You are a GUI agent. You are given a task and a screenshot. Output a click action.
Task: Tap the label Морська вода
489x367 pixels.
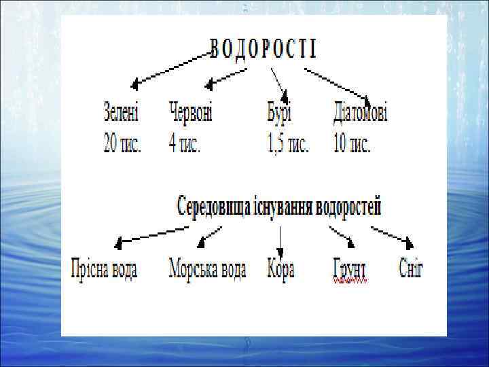(207, 268)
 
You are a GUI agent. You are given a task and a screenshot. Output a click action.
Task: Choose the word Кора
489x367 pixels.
(280, 268)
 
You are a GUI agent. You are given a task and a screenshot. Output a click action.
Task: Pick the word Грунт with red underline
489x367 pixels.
(350, 269)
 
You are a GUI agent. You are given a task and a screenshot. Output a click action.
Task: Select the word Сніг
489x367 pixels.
(411, 268)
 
